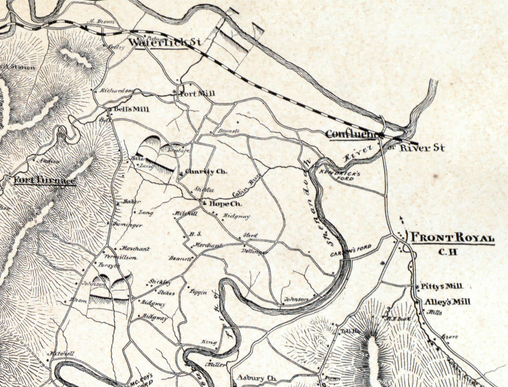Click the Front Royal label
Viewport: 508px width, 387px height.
(x=452, y=238)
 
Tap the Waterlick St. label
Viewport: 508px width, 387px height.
(x=165, y=42)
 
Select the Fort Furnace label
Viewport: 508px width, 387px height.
(x=45, y=180)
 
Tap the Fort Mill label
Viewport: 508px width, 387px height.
(x=197, y=93)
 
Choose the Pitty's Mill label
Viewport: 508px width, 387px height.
(x=442, y=286)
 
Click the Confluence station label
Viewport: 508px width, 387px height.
(x=354, y=134)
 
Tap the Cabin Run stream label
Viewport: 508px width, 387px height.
(x=246, y=188)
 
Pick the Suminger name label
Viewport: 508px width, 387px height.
(x=128, y=225)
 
